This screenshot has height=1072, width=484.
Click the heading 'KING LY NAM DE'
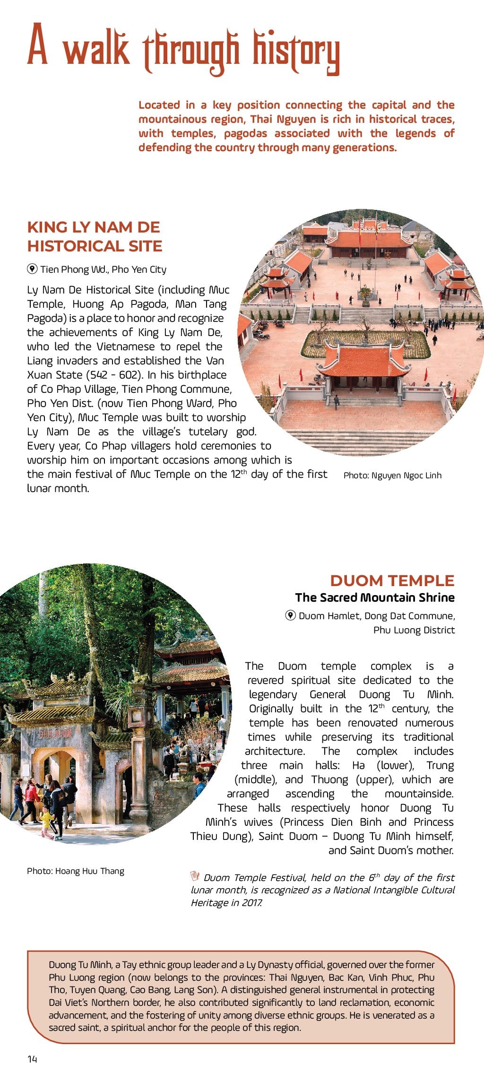[x=94, y=227]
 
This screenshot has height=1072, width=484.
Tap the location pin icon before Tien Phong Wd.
[x=32, y=269]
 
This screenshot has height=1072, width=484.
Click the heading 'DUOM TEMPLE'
[x=392, y=580]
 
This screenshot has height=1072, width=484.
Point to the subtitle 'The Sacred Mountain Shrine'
[x=375, y=597]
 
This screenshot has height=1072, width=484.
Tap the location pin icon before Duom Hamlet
[x=291, y=615]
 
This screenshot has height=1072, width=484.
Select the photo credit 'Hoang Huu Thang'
[x=89, y=871]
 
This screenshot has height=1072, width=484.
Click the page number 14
[x=32, y=1059]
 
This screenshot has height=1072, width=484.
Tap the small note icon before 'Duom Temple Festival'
[x=195, y=876]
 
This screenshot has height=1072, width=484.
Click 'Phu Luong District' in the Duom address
[x=414, y=630]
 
